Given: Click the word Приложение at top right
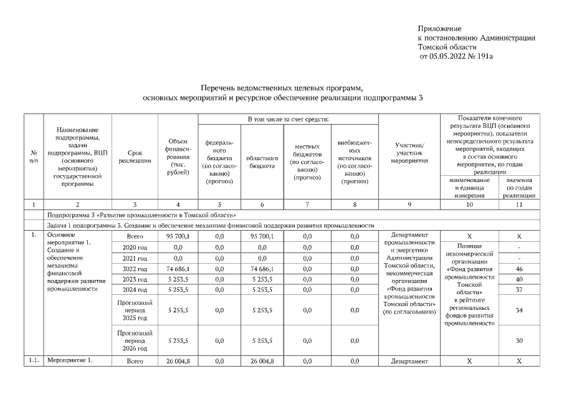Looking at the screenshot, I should tap(439, 29).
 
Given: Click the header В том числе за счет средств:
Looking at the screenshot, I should tap(287, 119).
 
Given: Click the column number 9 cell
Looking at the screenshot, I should tap(409, 204).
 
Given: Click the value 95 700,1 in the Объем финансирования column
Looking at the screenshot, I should tap(178, 236).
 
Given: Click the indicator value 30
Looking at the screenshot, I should tap(519, 340).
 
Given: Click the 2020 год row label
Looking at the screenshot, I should tap(135, 248).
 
